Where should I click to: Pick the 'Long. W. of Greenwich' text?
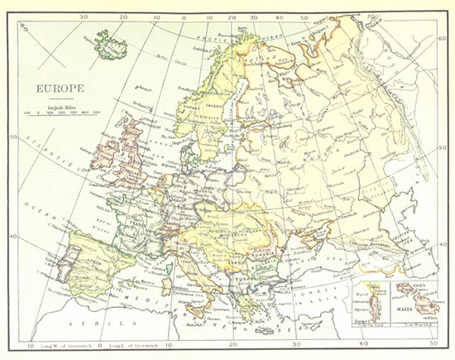(x=60, y=344)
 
